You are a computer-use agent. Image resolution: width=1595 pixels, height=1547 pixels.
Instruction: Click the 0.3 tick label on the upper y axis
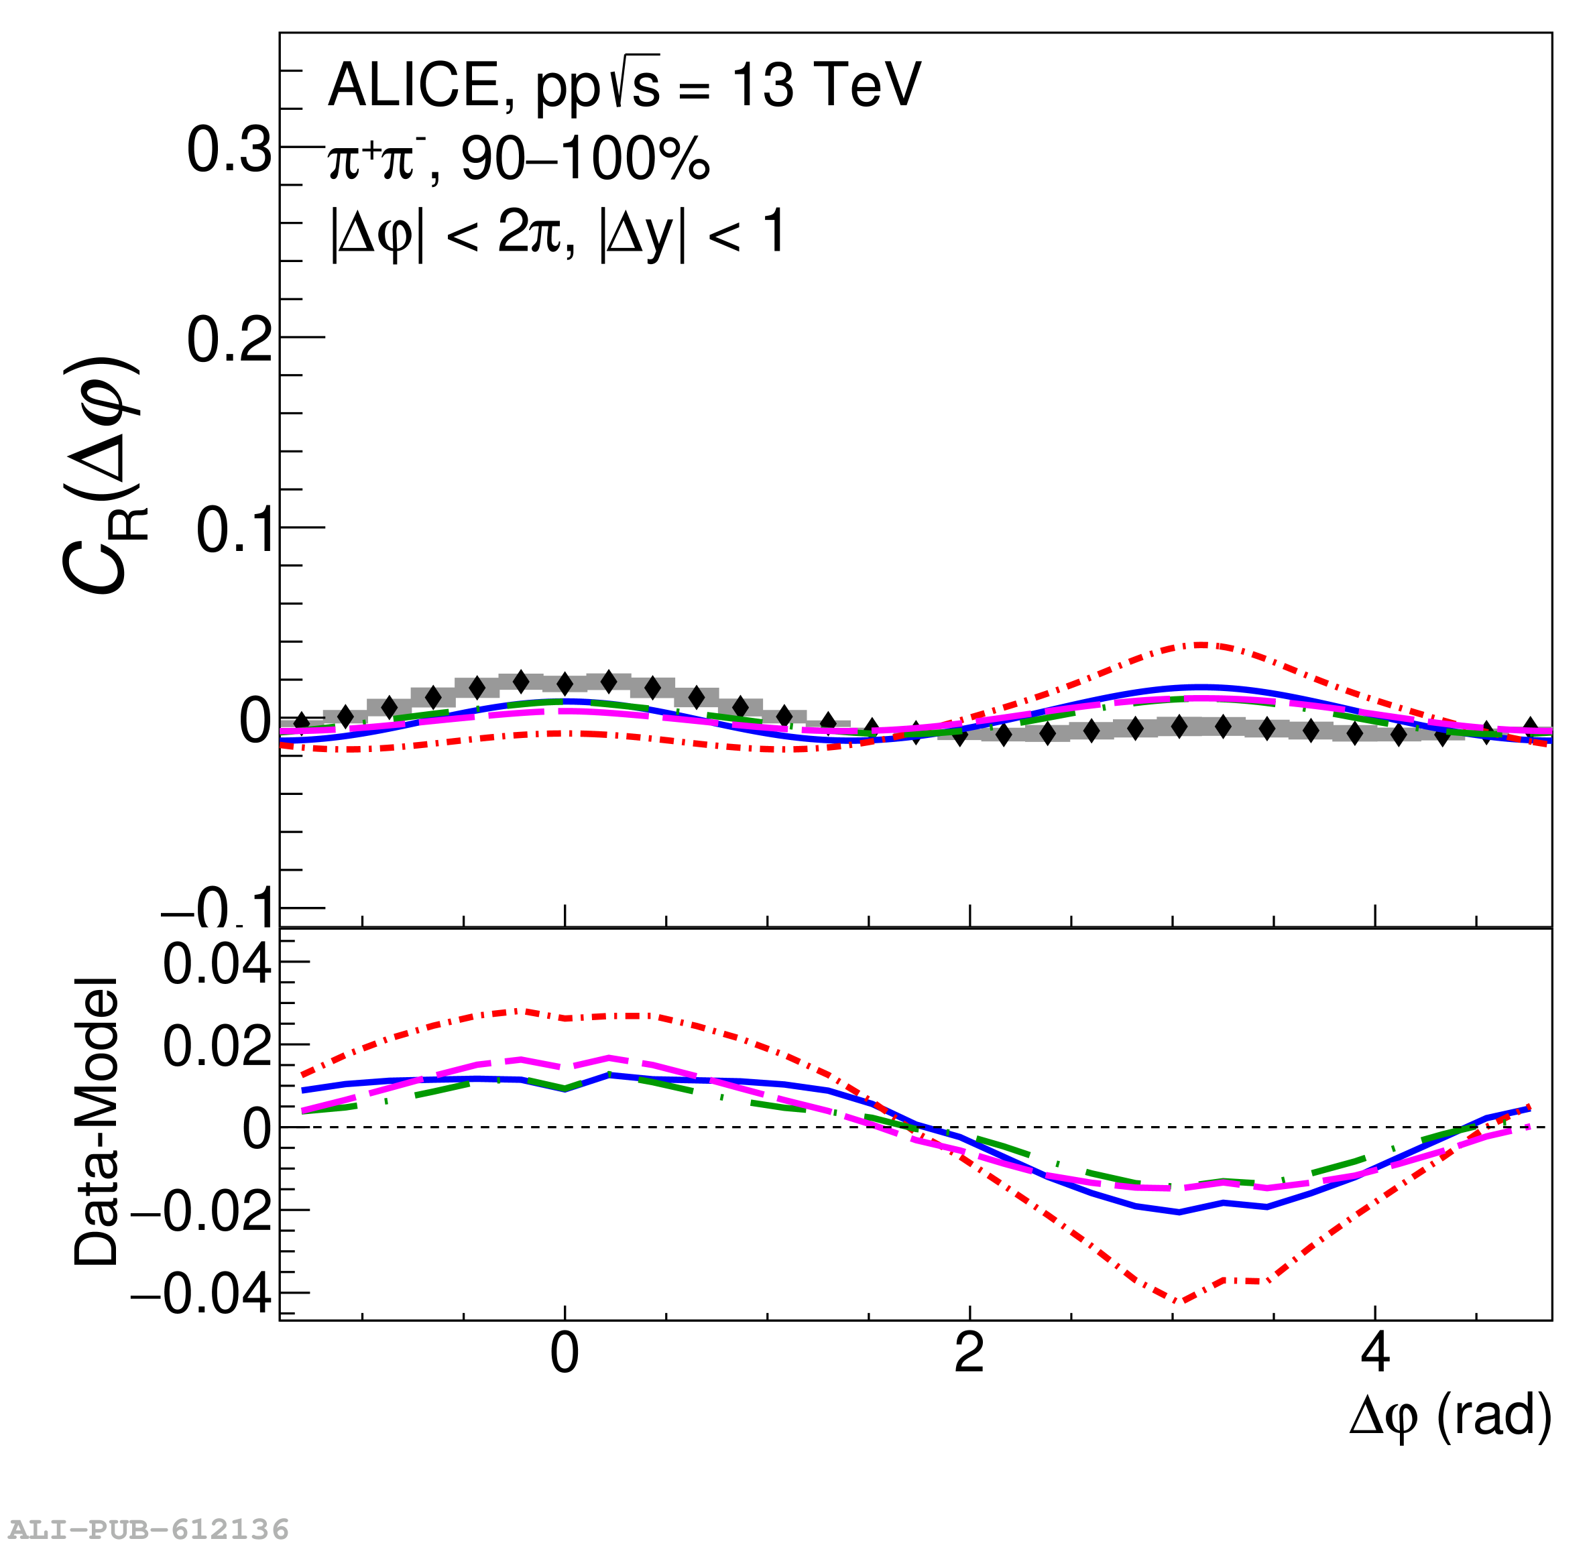tap(229, 149)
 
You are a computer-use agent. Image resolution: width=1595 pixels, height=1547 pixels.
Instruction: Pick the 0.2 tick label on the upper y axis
tap(229, 339)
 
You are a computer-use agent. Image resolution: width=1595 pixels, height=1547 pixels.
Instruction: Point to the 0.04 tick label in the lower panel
tap(217, 965)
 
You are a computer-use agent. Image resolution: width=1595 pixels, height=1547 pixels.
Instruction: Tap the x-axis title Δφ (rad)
tap(1450, 1416)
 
